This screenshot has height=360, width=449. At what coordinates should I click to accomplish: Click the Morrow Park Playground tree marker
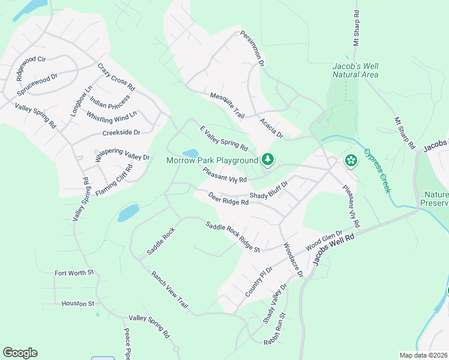point(268,160)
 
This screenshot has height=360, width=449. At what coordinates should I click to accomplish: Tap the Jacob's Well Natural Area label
point(355,70)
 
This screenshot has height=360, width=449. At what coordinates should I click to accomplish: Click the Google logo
point(20,353)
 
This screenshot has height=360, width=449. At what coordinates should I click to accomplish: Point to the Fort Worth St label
point(74,273)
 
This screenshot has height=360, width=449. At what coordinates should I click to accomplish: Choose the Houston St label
point(78,304)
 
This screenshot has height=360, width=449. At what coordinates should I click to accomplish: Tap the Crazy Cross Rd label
point(116,78)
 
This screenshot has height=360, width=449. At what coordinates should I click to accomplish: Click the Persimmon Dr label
point(253,49)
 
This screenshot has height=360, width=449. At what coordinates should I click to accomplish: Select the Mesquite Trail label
point(228,104)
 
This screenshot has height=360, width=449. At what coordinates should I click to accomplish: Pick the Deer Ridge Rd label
point(228,199)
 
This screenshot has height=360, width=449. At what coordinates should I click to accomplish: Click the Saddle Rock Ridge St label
point(232,237)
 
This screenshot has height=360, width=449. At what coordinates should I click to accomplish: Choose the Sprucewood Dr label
point(37,85)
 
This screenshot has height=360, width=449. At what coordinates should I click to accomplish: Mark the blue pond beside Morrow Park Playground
point(190,154)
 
